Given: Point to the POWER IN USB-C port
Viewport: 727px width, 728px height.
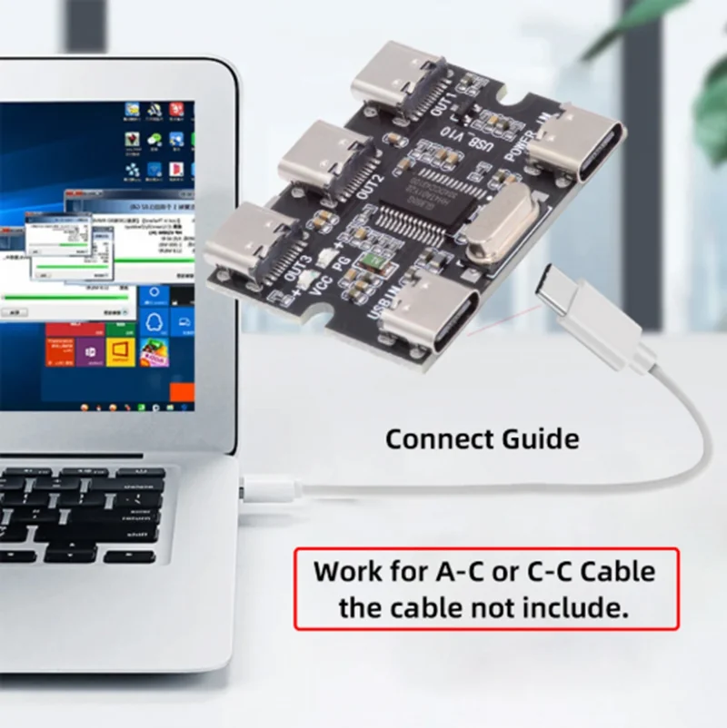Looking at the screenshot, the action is point(576,141).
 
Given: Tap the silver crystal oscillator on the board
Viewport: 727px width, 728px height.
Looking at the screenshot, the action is point(508,223).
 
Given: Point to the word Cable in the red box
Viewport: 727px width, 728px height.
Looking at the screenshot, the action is point(618,572).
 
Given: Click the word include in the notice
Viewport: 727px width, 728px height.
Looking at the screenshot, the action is point(573,606).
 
